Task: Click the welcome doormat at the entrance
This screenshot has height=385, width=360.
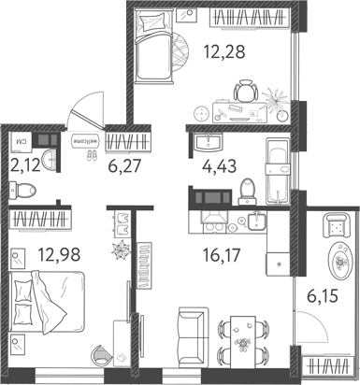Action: [85, 142]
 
